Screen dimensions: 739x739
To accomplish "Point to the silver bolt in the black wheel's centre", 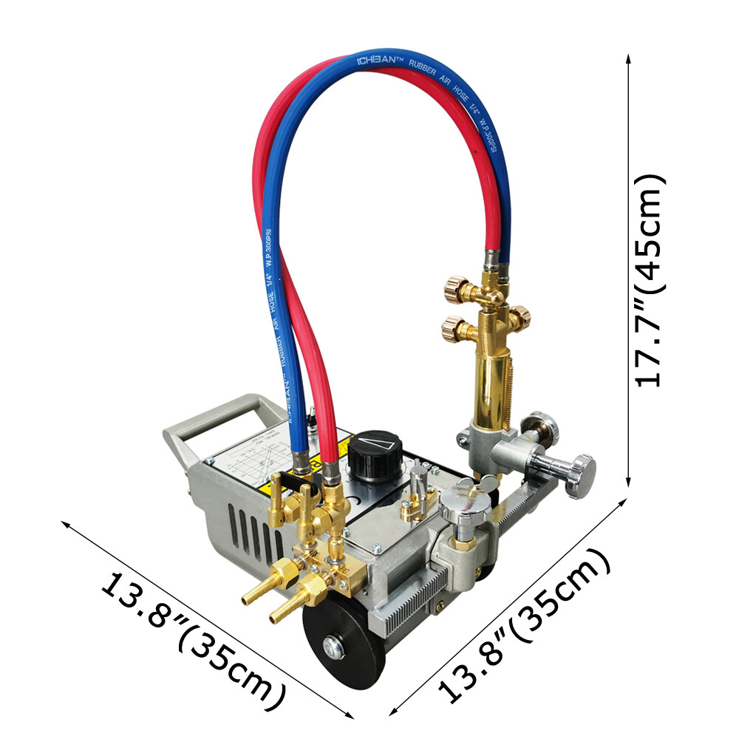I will coord(336,650).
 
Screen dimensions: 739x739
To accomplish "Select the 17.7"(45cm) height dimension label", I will coord(650,281).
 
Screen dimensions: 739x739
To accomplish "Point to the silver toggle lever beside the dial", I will coord(419,480).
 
